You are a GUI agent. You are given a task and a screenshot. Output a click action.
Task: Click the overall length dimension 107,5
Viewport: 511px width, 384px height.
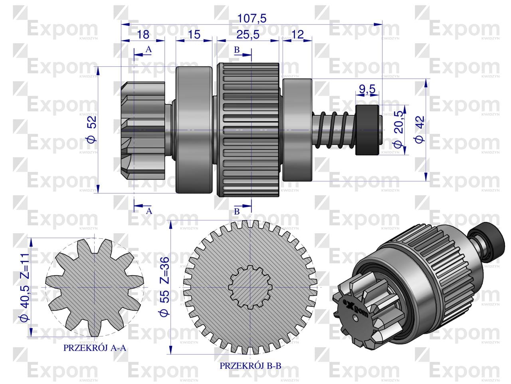(252, 18)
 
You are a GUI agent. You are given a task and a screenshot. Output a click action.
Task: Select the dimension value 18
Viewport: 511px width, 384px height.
(143, 35)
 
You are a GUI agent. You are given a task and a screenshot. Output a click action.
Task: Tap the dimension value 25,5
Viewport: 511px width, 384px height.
(248, 35)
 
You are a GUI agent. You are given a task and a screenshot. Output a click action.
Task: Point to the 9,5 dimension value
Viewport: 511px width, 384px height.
(367, 90)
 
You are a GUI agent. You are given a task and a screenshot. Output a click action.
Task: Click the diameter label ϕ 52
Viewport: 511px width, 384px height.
(92, 129)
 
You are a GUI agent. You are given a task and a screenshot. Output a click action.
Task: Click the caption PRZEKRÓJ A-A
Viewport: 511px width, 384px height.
(95, 348)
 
